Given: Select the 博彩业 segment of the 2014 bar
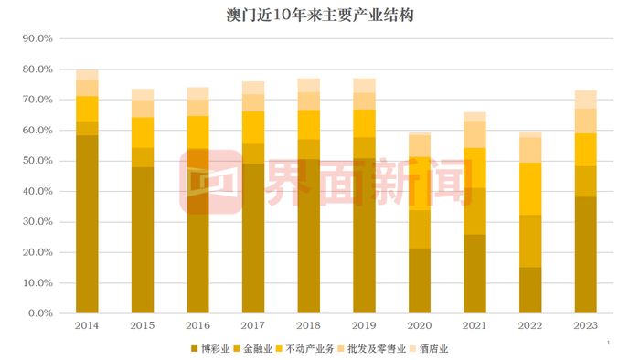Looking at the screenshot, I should (87, 224).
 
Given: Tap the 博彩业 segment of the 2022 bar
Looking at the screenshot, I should (530, 290).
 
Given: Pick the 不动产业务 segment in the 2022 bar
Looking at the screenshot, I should (530, 188).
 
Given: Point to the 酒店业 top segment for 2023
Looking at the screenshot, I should (586, 99).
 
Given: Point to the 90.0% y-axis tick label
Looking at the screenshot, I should (37, 39).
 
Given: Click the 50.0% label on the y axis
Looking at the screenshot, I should (37, 161).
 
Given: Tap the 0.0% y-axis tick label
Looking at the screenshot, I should (40, 313).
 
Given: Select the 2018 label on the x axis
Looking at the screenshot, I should (309, 325).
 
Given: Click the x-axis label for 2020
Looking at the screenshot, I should (420, 325).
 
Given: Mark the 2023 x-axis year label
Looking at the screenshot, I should (586, 325).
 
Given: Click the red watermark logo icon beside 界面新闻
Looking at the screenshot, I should (208, 183).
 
